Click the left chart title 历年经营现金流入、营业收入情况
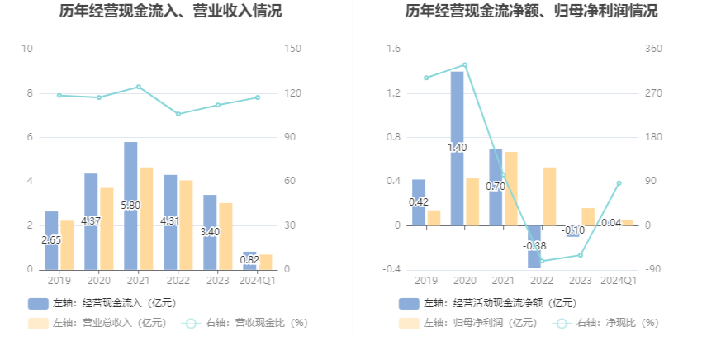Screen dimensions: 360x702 (170, 12)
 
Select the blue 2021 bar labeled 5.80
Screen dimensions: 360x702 (130, 206)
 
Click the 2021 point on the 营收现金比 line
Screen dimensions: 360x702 (138, 87)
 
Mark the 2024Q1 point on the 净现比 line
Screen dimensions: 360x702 (619, 183)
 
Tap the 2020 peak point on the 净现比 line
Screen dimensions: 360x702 (464, 64)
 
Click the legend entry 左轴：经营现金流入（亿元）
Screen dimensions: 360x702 (103, 303)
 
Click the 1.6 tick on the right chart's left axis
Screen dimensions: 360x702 (393, 49)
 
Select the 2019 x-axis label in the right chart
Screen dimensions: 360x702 (426, 281)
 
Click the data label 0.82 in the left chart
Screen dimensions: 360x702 (249, 259)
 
